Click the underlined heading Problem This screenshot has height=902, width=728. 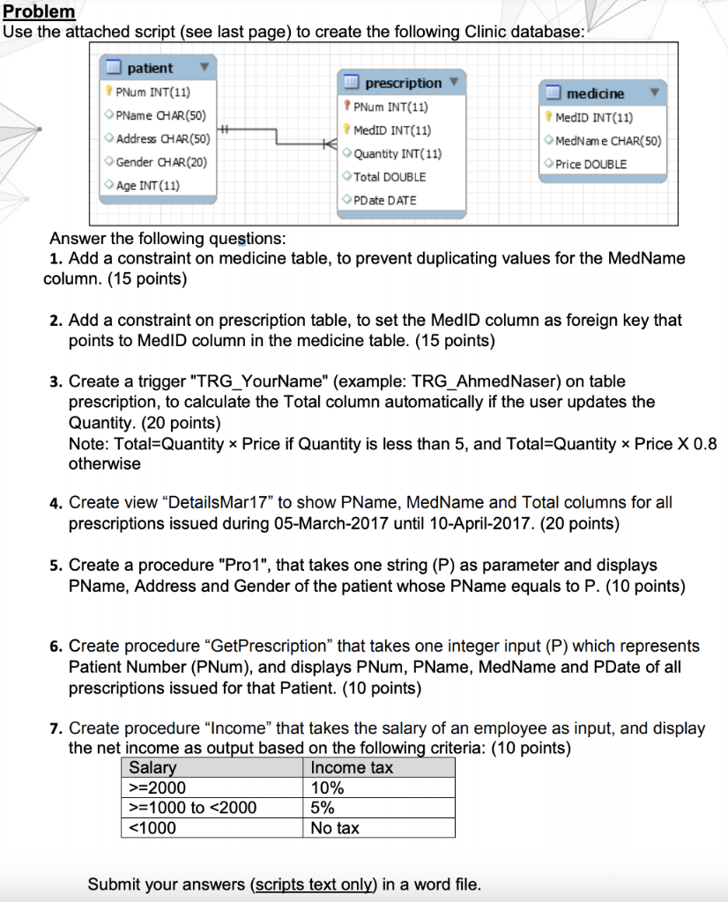(x=40, y=12)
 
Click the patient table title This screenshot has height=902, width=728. (x=150, y=68)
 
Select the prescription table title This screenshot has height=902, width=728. (x=403, y=83)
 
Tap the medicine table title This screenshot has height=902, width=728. (x=595, y=93)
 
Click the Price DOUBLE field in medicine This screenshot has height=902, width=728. (x=591, y=164)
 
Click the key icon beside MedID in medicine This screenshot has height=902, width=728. (x=548, y=117)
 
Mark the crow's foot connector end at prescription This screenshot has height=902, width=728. (x=330, y=143)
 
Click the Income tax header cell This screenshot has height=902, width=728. (x=352, y=768)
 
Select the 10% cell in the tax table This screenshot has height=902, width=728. (x=324, y=788)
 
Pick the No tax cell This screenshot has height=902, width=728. (x=335, y=828)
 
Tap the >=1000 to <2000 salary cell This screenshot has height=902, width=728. (x=193, y=808)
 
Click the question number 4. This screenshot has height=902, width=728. (x=55, y=503)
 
